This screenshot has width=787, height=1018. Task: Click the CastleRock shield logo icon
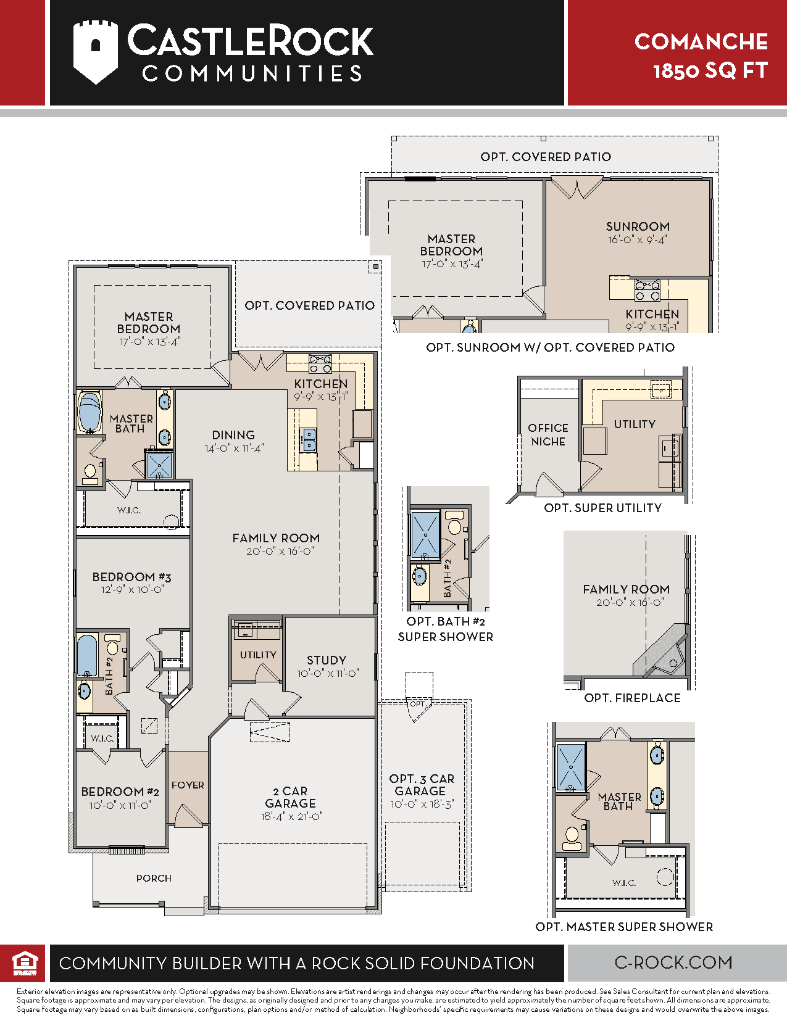96,52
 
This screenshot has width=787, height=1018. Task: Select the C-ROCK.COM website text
673,962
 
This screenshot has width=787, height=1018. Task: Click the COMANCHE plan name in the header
701,41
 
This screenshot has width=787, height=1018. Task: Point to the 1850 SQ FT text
710,71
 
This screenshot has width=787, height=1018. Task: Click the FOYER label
188,785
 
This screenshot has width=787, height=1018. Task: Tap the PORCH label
154,879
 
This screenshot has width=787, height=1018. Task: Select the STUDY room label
327,660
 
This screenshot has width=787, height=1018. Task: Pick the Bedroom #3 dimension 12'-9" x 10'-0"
131,589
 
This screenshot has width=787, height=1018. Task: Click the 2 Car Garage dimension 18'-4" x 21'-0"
291,816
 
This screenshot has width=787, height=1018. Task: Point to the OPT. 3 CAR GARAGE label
422,785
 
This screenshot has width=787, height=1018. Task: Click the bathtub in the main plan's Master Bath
90,412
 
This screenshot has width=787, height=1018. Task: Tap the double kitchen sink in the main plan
309,439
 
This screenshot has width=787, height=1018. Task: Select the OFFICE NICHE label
548,435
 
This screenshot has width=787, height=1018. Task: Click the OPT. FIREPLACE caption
632,698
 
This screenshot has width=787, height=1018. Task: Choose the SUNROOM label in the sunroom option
638,227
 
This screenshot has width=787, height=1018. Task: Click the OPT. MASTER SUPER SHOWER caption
624,927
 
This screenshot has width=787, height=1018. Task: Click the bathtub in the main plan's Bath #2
87,655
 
